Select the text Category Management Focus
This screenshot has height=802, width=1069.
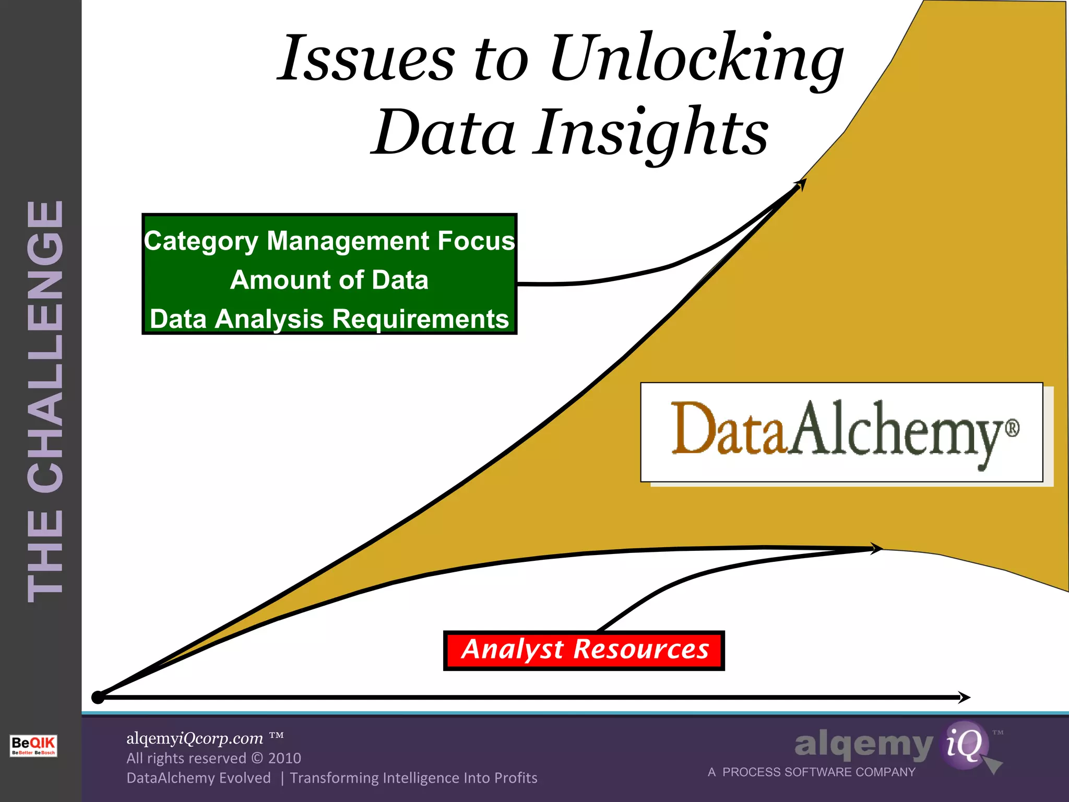click(329, 241)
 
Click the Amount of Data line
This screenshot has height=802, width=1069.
click(329, 280)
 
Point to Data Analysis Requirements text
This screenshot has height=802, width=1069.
click(329, 319)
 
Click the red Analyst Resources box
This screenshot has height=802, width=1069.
click(584, 650)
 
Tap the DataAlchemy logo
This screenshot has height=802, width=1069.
click(841, 432)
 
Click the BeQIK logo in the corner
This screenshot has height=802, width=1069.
click(33, 745)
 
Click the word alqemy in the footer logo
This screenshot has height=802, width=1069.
click(863, 745)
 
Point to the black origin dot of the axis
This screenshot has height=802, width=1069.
click(98, 697)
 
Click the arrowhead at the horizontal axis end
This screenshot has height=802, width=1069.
click(965, 697)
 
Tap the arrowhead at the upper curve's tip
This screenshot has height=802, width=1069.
click(801, 184)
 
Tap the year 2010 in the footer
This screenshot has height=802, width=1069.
click(284, 758)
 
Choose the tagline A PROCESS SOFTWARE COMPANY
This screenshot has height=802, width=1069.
click(812, 772)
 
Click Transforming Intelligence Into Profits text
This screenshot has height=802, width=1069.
click(413, 778)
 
